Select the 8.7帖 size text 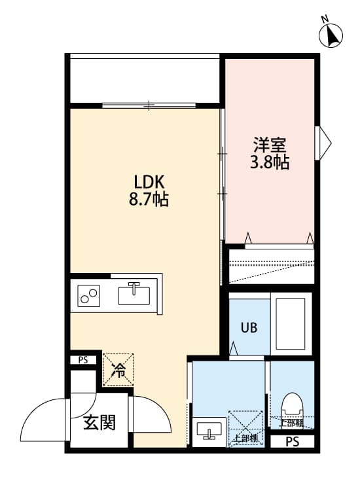[149, 200]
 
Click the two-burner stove [89, 296]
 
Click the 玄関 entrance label [99, 423]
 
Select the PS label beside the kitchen [83, 359]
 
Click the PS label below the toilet [293, 442]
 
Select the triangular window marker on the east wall [324, 142]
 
